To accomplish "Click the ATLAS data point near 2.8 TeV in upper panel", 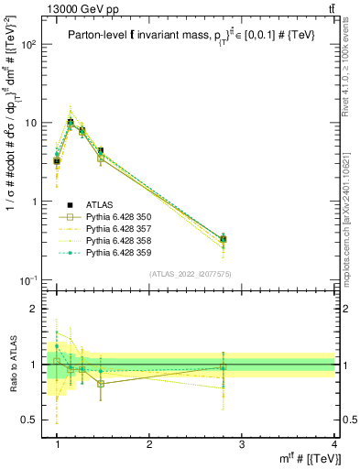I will pyautogui.click(x=224, y=239).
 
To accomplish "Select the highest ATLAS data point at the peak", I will pyautogui.click(x=71, y=122).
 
